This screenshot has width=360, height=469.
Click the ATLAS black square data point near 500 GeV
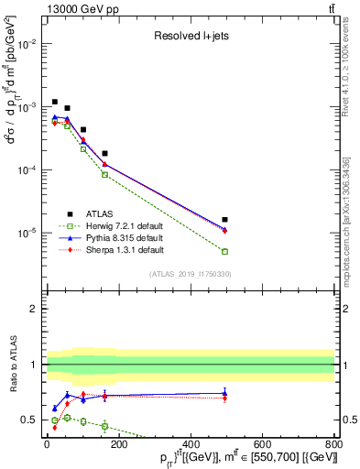tap(225, 220)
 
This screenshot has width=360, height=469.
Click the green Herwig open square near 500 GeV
tap(225, 251)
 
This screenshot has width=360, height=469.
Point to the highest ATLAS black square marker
tap(55, 102)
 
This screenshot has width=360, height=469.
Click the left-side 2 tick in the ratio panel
tap(34, 309)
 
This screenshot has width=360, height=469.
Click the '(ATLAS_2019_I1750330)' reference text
tap(191, 274)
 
